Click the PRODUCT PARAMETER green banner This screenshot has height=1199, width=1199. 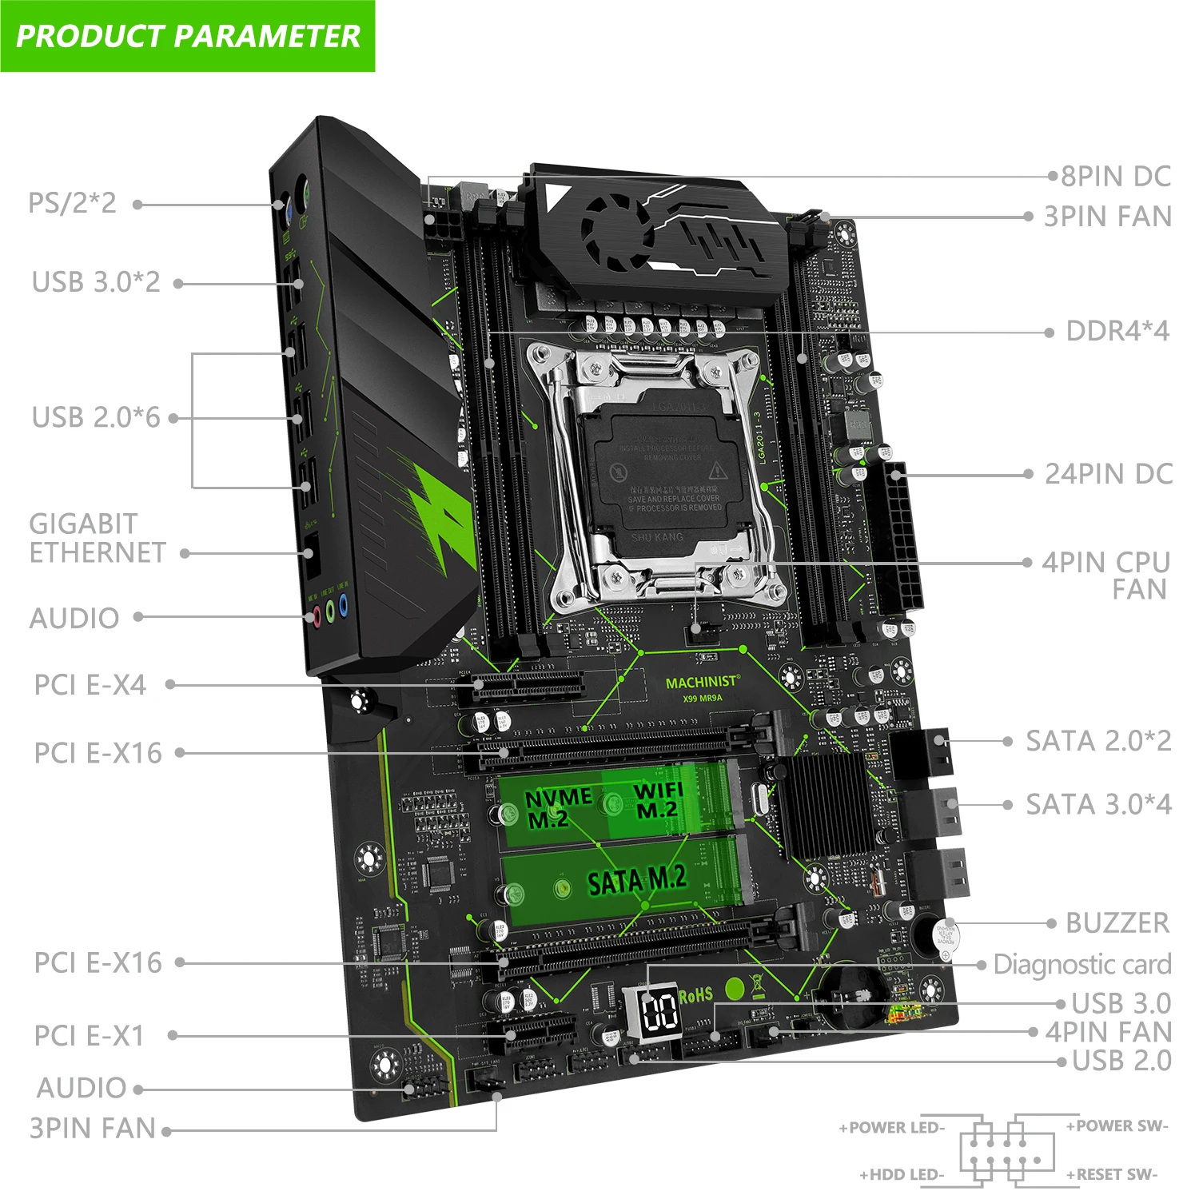[187, 36]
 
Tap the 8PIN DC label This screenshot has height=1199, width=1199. [1116, 176]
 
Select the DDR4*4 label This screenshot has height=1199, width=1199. [1117, 331]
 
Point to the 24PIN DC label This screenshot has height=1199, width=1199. [1109, 474]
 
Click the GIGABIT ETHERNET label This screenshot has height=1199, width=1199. [98, 538]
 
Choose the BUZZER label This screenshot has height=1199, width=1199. [1117, 922]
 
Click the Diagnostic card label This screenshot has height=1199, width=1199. [1082, 964]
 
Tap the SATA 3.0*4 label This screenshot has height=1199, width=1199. [1099, 804]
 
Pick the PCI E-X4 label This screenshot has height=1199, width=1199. [90, 685]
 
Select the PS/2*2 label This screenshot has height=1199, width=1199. [72, 203]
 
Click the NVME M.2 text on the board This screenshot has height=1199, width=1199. [558, 807]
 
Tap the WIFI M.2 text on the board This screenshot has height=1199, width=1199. [658, 800]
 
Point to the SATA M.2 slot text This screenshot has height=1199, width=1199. [637, 881]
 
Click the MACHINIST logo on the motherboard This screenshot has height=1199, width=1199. [703, 683]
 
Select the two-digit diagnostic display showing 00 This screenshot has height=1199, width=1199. [661, 1011]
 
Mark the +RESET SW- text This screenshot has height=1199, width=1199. [1112, 1174]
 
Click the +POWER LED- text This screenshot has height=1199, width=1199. [891, 1128]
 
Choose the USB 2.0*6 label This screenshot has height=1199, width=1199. [96, 417]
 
